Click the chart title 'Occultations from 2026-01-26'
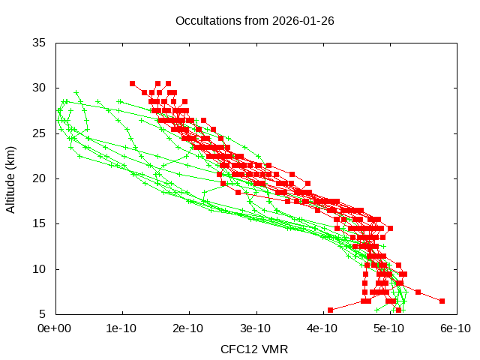pos(254,20)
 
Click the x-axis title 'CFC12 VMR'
pos(254,349)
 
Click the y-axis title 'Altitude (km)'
pos(10,178)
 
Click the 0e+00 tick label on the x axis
pos(56,328)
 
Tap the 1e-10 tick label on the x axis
pos(122,328)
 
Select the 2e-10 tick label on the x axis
pos(189,328)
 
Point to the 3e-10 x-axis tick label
pos(256,328)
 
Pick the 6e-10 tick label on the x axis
pos(454,328)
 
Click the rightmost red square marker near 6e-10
pos(442,301)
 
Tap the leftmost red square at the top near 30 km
pos(132,83)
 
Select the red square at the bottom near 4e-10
pos(330,310)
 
